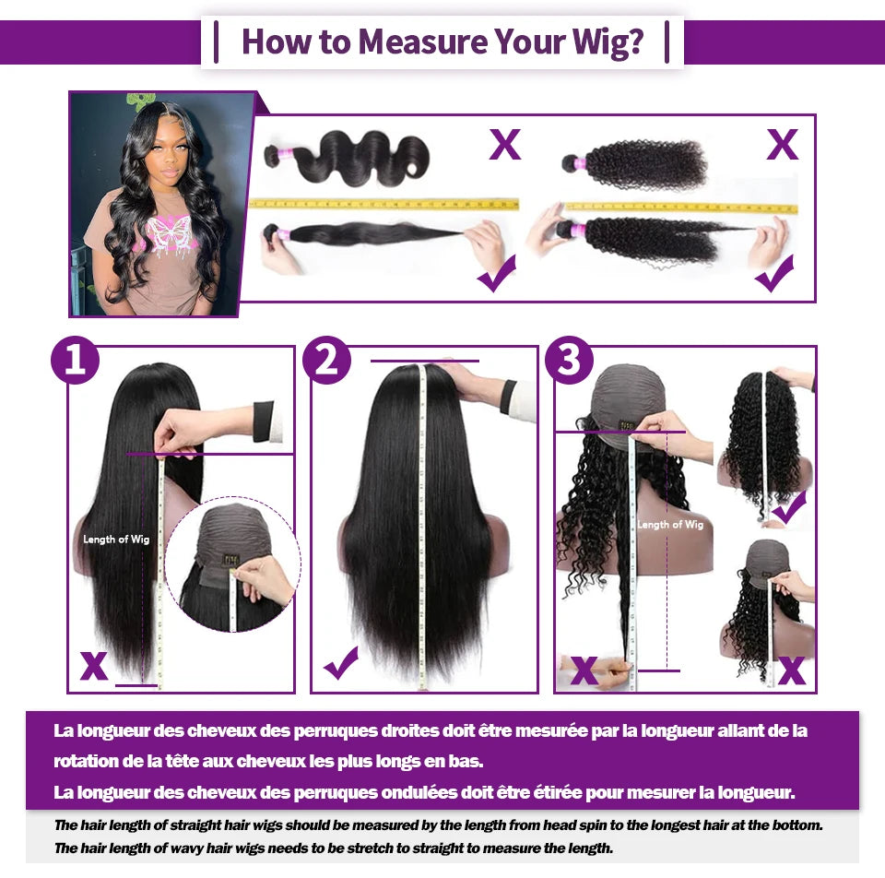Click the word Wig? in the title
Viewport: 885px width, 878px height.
(x=608, y=43)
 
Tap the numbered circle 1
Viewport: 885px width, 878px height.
(x=75, y=360)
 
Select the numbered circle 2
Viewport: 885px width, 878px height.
(x=326, y=360)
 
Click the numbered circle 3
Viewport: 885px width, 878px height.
(x=569, y=360)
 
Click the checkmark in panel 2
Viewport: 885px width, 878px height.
(x=341, y=662)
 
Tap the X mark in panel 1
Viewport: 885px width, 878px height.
(x=94, y=666)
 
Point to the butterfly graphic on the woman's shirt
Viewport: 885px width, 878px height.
(x=168, y=232)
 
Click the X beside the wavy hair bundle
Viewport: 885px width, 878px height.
(x=504, y=145)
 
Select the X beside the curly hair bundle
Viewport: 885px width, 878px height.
(x=783, y=145)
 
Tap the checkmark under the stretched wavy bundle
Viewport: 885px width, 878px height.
(x=497, y=273)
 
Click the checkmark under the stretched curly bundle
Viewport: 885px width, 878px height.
(x=775, y=273)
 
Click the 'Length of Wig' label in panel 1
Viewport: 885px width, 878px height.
(x=116, y=540)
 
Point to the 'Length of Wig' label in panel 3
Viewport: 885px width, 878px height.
(x=670, y=525)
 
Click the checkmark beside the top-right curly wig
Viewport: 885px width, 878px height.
(x=789, y=507)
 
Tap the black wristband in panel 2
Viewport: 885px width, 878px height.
(x=508, y=397)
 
